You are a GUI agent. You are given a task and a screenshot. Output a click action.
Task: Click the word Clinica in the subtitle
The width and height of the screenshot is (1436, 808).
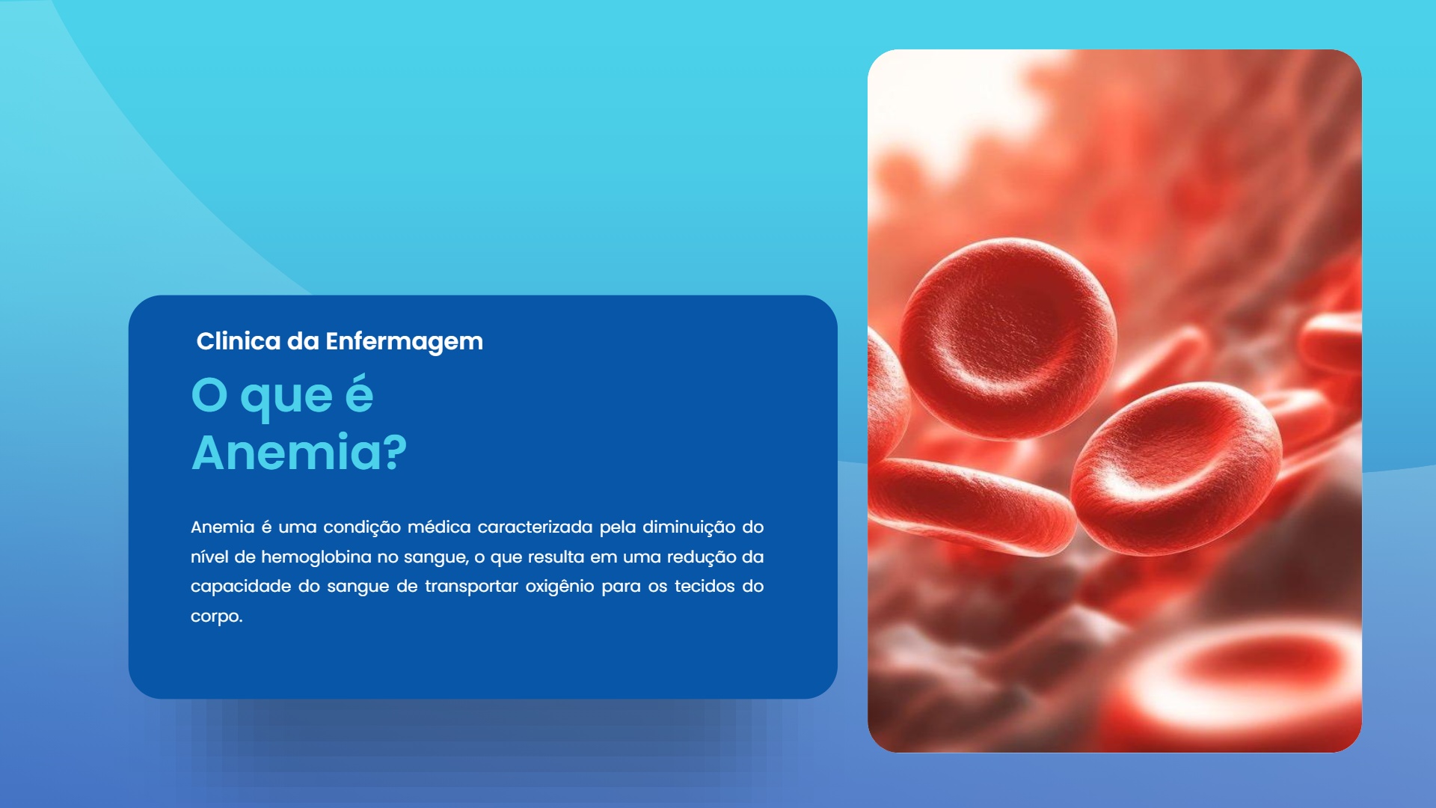coord(238,341)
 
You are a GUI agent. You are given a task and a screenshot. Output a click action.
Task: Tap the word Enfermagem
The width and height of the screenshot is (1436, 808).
coord(404,342)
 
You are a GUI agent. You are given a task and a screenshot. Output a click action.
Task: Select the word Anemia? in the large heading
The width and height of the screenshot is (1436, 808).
coord(299,453)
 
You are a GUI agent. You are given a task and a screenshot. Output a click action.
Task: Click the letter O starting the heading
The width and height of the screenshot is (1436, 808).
coord(209,395)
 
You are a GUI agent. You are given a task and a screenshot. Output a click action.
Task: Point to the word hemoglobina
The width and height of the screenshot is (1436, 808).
coord(316,557)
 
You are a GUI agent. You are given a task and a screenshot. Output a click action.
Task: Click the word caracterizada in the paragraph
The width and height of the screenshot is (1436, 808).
coord(535,527)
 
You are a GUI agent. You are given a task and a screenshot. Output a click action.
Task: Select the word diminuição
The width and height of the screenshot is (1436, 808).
coord(689,527)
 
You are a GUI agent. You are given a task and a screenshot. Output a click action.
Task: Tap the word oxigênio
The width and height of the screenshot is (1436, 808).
coord(559,587)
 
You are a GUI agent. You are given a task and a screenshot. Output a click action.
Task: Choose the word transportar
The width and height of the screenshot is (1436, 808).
coord(471,587)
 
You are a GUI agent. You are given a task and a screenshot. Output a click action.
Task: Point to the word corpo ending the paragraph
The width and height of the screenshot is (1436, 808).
coord(215,617)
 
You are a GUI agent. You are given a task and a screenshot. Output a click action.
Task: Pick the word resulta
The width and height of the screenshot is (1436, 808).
coord(556,557)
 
